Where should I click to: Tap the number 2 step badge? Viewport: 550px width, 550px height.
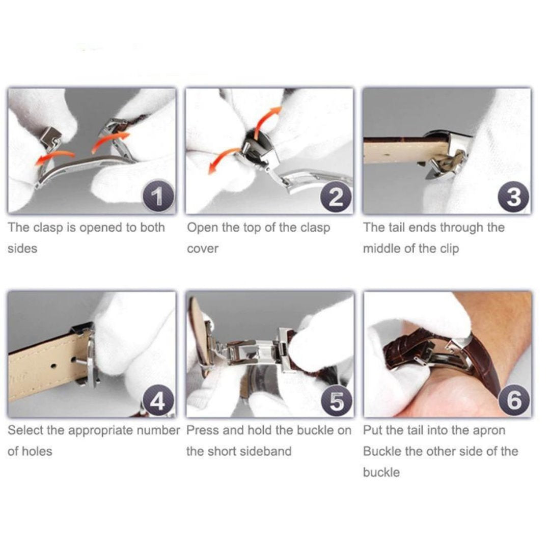(337, 197)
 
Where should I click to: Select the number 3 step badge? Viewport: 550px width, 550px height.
(514, 197)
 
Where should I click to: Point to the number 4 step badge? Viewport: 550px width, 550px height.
(158, 400)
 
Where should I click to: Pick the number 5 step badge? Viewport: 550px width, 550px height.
(337, 400)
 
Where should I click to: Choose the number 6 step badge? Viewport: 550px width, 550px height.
(514, 400)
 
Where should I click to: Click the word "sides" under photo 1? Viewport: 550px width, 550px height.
(22, 249)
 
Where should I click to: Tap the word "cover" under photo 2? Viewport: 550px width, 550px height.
(203, 249)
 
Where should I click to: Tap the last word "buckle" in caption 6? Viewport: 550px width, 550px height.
(381, 473)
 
